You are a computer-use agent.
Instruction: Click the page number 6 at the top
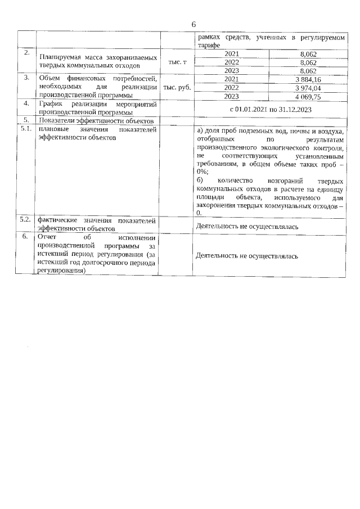[x=193, y=25]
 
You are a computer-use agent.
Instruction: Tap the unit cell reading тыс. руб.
[x=177, y=88]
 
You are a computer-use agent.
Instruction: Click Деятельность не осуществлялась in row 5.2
[x=246, y=226]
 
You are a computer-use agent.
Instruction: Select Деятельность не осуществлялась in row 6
[x=246, y=255]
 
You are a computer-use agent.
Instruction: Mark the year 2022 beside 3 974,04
[x=231, y=88]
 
